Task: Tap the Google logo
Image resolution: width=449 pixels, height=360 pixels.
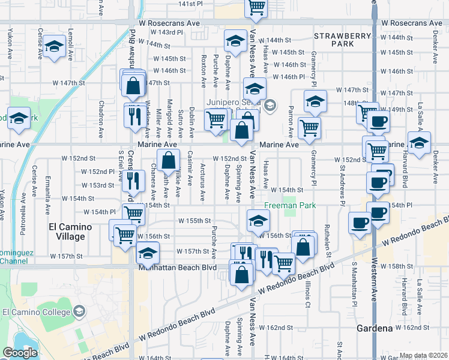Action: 20,353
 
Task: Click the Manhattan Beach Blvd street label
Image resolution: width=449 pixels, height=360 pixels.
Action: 184,266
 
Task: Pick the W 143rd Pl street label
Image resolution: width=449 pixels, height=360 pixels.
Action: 166,32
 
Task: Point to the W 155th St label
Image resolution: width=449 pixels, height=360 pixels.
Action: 194,220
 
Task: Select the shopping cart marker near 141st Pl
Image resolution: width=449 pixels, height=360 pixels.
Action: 256,7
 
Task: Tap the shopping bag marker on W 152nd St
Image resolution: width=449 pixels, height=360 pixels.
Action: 169,160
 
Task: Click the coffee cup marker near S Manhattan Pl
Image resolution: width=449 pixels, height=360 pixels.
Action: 360,222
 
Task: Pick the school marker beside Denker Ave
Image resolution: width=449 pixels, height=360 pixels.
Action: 419,143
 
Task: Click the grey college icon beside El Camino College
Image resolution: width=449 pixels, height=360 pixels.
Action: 79,311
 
